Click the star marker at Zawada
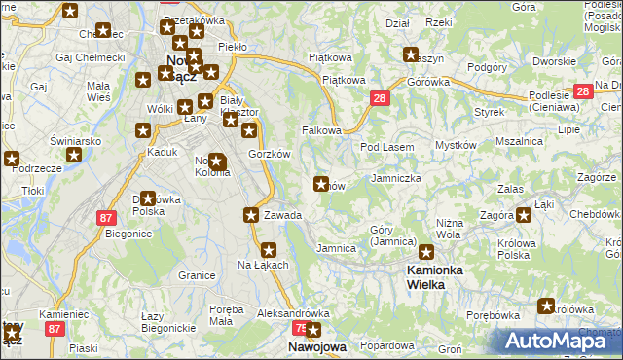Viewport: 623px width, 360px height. tap(252, 215)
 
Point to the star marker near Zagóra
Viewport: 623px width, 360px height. tap(524, 215)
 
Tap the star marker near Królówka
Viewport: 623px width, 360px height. tap(545, 306)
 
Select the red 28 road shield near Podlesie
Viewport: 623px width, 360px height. tap(583, 91)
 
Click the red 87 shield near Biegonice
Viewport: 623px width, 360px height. tap(106, 219)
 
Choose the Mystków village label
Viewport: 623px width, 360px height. tap(454, 145)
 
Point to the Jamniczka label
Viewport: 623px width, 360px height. tap(396, 179)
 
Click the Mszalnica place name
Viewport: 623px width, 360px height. tap(519, 141)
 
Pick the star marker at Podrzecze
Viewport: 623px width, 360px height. tap(12, 160)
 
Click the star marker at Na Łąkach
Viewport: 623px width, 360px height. tap(270, 249)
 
